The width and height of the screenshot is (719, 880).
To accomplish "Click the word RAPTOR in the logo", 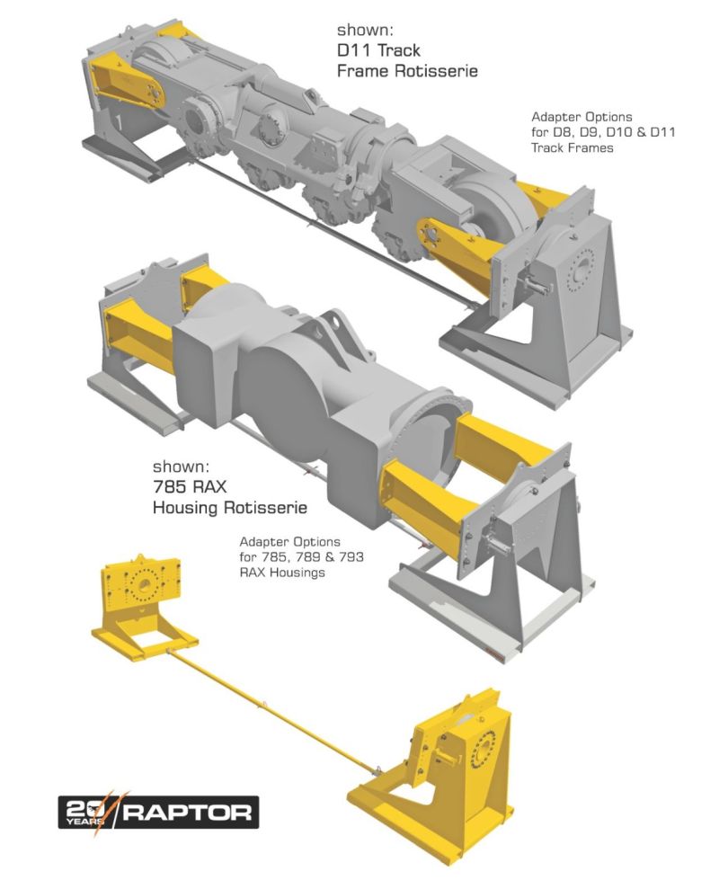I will click(188, 813).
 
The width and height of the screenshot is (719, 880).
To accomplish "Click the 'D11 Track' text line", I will click(377, 50).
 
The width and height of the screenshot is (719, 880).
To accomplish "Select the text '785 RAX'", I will click(190, 487).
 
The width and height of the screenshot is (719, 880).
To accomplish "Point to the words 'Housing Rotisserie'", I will click(229, 508).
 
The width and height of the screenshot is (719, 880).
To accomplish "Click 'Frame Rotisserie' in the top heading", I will click(406, 71).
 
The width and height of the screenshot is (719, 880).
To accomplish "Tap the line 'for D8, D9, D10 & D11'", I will click(603, 132).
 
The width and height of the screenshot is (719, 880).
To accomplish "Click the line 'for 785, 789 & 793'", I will click(301, 557).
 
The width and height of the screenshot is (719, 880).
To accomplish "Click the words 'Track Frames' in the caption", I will click(572, 147).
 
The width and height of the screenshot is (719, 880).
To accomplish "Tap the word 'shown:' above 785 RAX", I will click(180, 467).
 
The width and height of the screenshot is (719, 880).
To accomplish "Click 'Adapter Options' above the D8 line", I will click(581, 117).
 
